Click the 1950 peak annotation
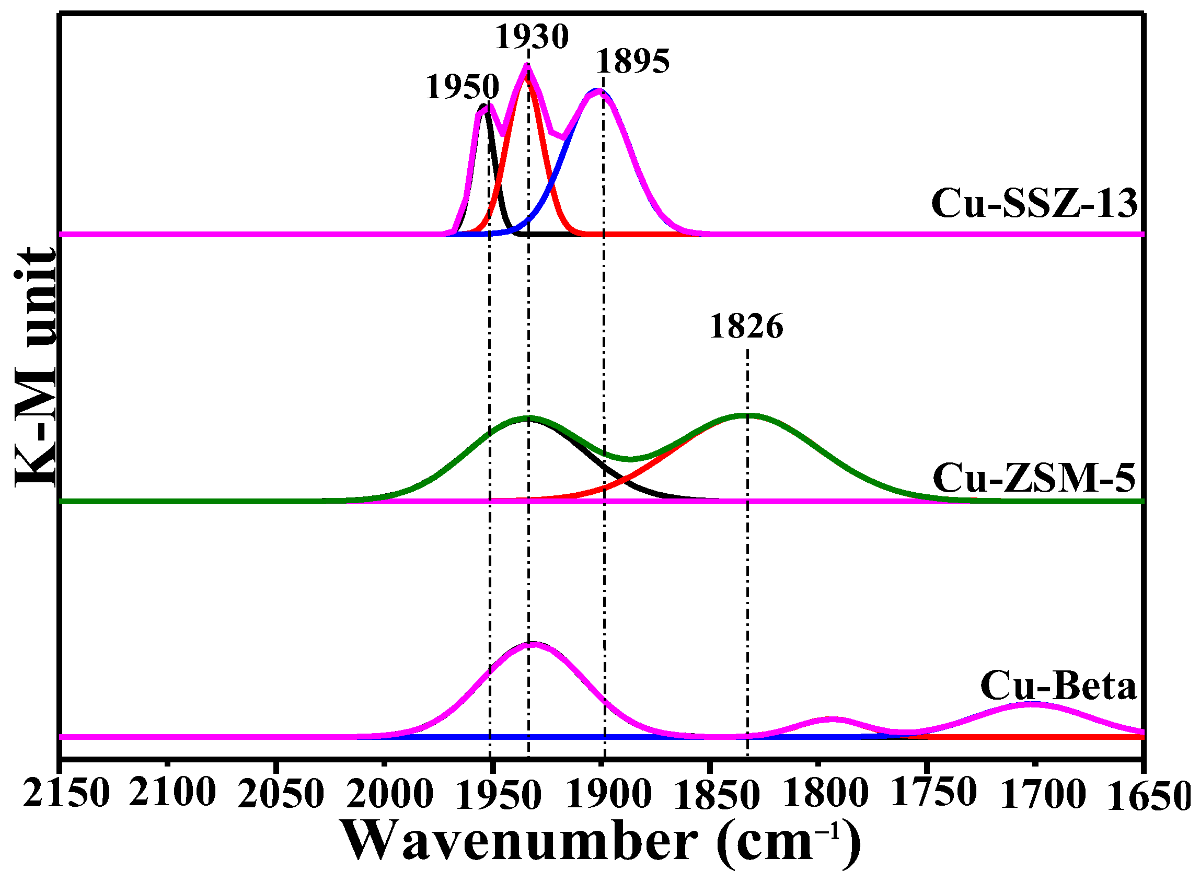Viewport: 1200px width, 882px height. [462, 87]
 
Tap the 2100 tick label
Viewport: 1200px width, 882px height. [172, 793]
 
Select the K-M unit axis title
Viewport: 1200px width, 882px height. [35, 368]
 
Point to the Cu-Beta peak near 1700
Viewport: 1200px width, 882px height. [1033, 704]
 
